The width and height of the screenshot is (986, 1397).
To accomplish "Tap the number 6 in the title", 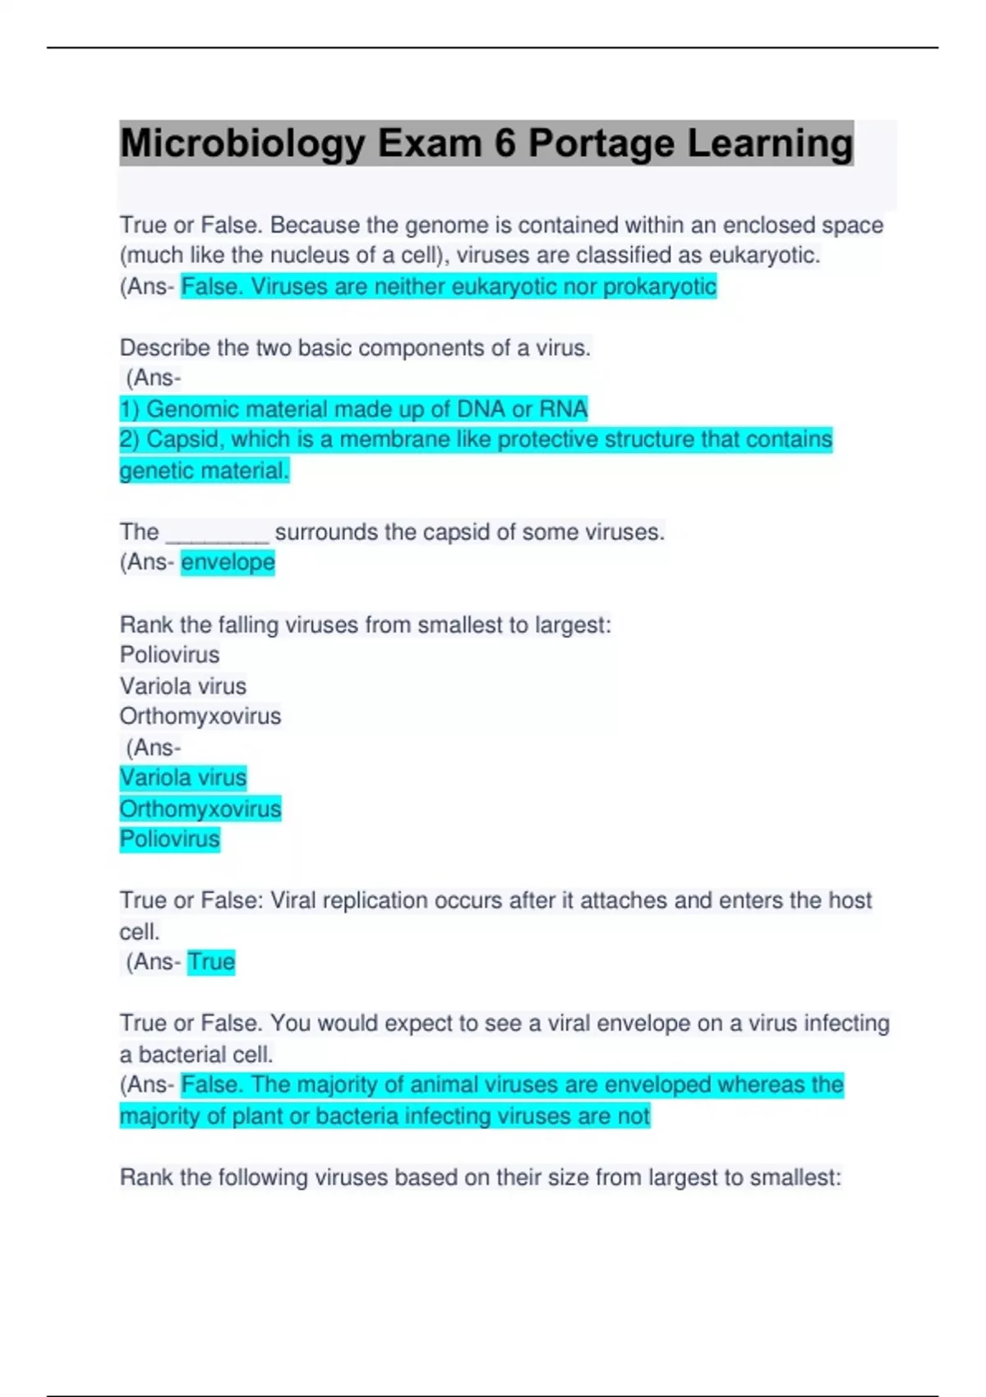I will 505,144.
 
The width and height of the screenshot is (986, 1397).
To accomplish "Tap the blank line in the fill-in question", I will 217,533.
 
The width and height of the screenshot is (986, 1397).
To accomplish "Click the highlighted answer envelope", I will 228,563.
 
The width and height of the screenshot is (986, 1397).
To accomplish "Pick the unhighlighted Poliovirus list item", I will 170,655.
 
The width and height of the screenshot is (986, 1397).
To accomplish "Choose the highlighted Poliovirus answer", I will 170,839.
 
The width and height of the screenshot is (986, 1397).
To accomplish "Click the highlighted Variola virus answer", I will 183,777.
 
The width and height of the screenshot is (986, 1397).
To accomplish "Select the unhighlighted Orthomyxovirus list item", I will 200,717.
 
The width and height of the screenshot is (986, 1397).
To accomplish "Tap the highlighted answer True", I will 211,961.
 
